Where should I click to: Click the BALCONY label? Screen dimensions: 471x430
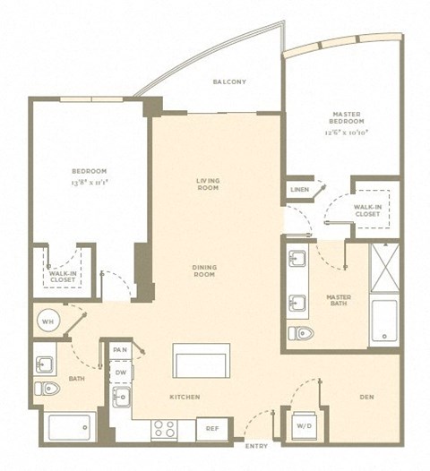[229, 82]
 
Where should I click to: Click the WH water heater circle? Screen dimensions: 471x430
[47, 320]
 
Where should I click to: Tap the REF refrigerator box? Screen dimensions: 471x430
[213, 429]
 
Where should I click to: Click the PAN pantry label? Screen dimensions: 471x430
[120, 349]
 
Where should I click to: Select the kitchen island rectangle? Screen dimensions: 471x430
[202, 361]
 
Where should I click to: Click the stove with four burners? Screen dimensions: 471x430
[165, 429]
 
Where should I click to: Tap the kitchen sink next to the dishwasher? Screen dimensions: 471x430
[120, 396]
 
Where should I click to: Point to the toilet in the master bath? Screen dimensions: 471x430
[301, 334]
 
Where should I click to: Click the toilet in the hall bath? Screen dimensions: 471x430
[47, 389]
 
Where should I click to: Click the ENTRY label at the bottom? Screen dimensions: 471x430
[255, 445]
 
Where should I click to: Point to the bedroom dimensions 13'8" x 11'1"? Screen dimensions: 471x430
[90, 182]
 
